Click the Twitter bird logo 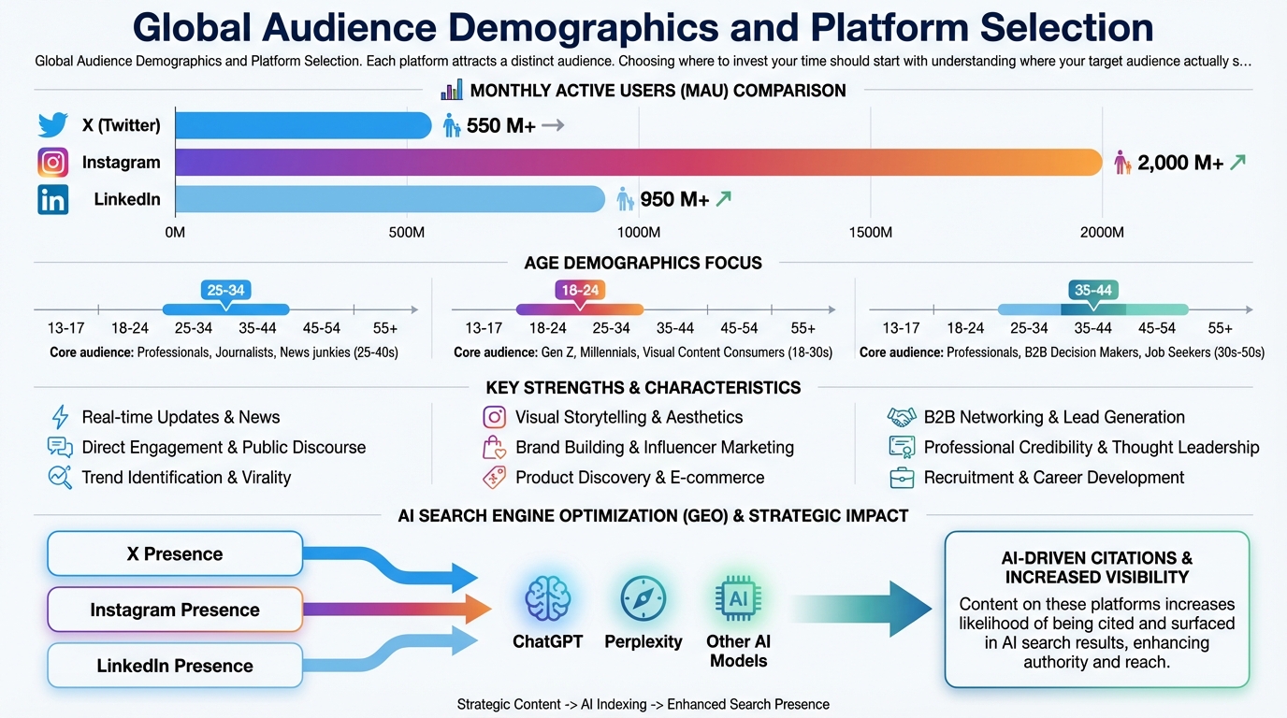53,125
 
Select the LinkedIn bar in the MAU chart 390,199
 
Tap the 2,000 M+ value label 1180,163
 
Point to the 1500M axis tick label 870,232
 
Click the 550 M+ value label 500,125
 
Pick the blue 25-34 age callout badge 225,291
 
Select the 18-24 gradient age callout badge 580,291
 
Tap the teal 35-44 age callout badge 1092,291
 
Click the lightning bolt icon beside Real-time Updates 60,417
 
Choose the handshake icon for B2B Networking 902,417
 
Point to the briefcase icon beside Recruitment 902,478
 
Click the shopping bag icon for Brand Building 494,448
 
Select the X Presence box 175,553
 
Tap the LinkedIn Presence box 175,666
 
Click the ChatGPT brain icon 547,598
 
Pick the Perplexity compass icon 643,598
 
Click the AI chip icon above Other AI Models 739,598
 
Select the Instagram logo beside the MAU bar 53,163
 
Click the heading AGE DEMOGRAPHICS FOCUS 643,263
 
